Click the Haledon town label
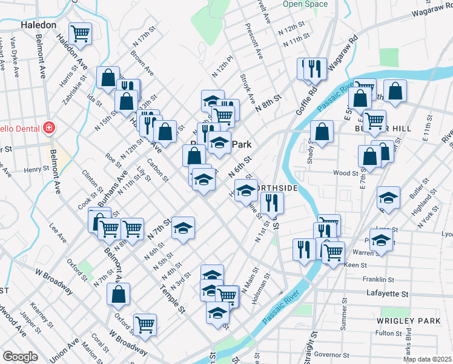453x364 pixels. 38,25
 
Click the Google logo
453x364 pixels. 20,357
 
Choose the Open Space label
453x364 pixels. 305,4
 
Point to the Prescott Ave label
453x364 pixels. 254,41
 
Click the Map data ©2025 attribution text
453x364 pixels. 427,359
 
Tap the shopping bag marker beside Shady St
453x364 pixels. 322,130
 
